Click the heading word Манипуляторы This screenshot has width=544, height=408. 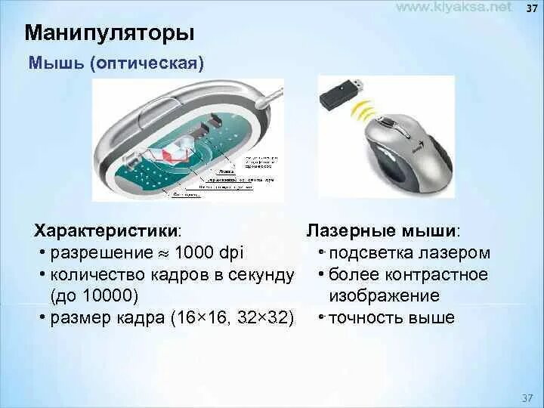pos(110,33)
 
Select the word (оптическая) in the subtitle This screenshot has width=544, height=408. pos(147,62)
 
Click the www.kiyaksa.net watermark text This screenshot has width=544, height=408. pos(454,7)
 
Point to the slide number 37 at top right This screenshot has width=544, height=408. pos(531,8)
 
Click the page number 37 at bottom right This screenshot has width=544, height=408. pos(527,397)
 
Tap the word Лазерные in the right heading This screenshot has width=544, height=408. pos(345,230)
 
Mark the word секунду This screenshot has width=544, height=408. pos(261,274)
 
